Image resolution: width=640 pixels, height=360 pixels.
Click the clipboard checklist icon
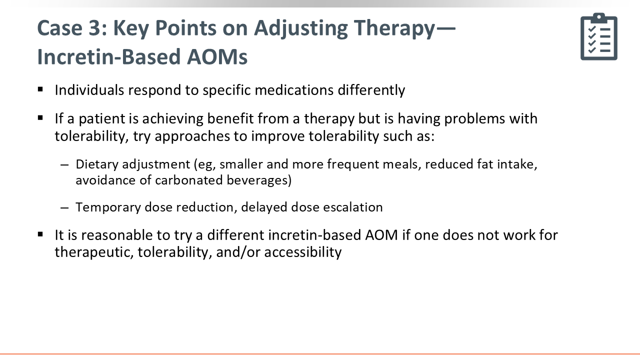[x=599, y=36]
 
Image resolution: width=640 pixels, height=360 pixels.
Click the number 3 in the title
[x=94, y=28]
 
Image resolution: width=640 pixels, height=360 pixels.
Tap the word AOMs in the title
[x=217, y=56]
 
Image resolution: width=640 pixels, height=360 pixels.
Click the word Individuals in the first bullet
[x=89, y=90]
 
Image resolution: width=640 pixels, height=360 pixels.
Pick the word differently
[x=371, y=90]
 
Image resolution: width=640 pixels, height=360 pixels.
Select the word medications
[x=294, y=90]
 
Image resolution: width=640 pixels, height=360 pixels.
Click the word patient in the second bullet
[x=101, y=119]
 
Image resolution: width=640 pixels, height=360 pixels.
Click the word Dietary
[x=97, y=164]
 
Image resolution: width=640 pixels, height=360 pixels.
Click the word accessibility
[x=303, y=252]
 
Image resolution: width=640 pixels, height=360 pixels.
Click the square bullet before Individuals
[x=40, y=89]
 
